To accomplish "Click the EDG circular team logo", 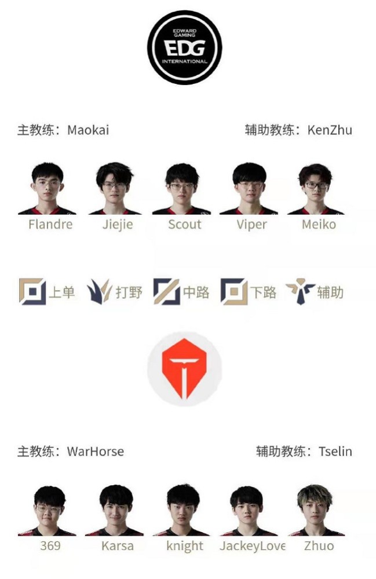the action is pos(185,47).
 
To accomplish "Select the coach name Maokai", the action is pos(88,130).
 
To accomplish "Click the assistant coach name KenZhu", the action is pos(330,130).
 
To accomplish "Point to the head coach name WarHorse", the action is pos(95,451).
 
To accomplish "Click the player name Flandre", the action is pos(50,224).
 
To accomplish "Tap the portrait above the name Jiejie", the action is pos(115,188).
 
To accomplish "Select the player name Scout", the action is pos(185,224).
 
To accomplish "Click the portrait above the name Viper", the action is pos(249,188).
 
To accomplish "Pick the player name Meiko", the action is pos(319,224).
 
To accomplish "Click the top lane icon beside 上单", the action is pos(32,292).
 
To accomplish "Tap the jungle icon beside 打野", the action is pos(99,292).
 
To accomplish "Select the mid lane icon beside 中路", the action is pos(167,292).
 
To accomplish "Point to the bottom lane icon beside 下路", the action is pos(234,292).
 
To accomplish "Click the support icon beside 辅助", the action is pos(300,291).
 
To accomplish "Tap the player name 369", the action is pos(50,546).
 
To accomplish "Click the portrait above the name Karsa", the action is pos(115,510).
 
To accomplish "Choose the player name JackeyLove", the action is pos(252,546).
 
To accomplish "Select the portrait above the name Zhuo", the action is pos(316,510).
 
